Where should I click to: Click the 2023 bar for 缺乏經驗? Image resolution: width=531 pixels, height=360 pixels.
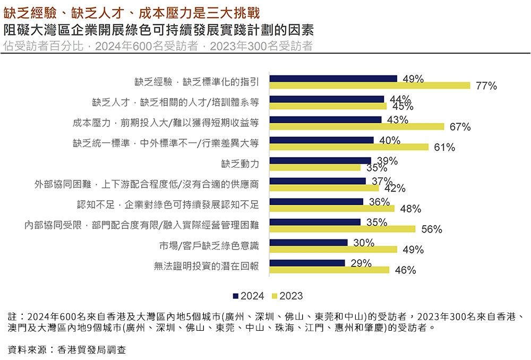370,85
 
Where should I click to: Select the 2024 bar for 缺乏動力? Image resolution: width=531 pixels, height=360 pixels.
320,160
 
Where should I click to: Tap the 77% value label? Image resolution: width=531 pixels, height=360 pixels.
486,86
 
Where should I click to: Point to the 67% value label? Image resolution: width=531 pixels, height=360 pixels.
460,127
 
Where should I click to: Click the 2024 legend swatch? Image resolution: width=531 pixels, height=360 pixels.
236,296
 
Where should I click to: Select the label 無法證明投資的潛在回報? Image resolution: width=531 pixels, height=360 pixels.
206,266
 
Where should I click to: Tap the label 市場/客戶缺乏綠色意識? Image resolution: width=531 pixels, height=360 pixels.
209,246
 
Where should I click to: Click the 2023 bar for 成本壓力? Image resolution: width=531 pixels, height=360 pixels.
357,126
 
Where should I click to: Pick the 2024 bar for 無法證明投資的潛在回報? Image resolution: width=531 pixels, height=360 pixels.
307,263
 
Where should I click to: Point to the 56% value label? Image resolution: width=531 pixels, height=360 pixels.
431,229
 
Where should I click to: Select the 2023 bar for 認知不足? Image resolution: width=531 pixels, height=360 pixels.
332,209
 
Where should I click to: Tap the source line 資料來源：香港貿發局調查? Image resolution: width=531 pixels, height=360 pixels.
67,350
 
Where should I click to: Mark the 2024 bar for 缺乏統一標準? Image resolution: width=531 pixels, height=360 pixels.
322,140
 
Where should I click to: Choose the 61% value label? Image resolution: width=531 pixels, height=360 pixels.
444,148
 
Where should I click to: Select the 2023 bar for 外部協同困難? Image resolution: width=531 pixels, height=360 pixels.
324,188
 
